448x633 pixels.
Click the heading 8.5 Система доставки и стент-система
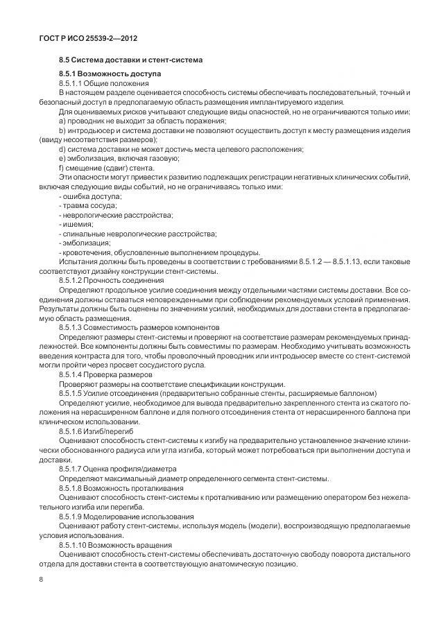(130, 60)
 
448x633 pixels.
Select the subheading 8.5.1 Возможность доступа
(110, 73)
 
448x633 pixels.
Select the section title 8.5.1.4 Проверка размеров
(105, 373)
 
